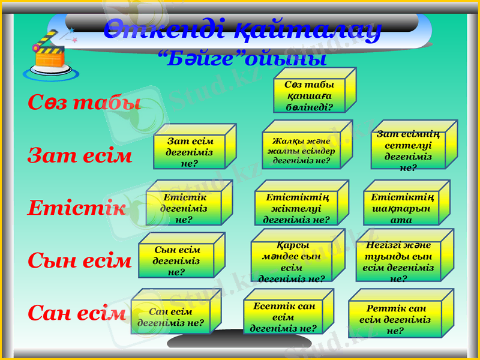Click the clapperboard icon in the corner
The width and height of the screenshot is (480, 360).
tap(50, 55)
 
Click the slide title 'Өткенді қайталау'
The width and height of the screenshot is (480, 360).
tap(242, 29)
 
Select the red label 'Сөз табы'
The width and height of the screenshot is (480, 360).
tap(84, 103)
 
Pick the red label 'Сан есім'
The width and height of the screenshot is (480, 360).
tap(77, 313)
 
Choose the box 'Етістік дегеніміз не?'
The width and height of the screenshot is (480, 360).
tap(184, 208)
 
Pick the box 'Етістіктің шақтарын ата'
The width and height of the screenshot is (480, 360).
tap(401, 208)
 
